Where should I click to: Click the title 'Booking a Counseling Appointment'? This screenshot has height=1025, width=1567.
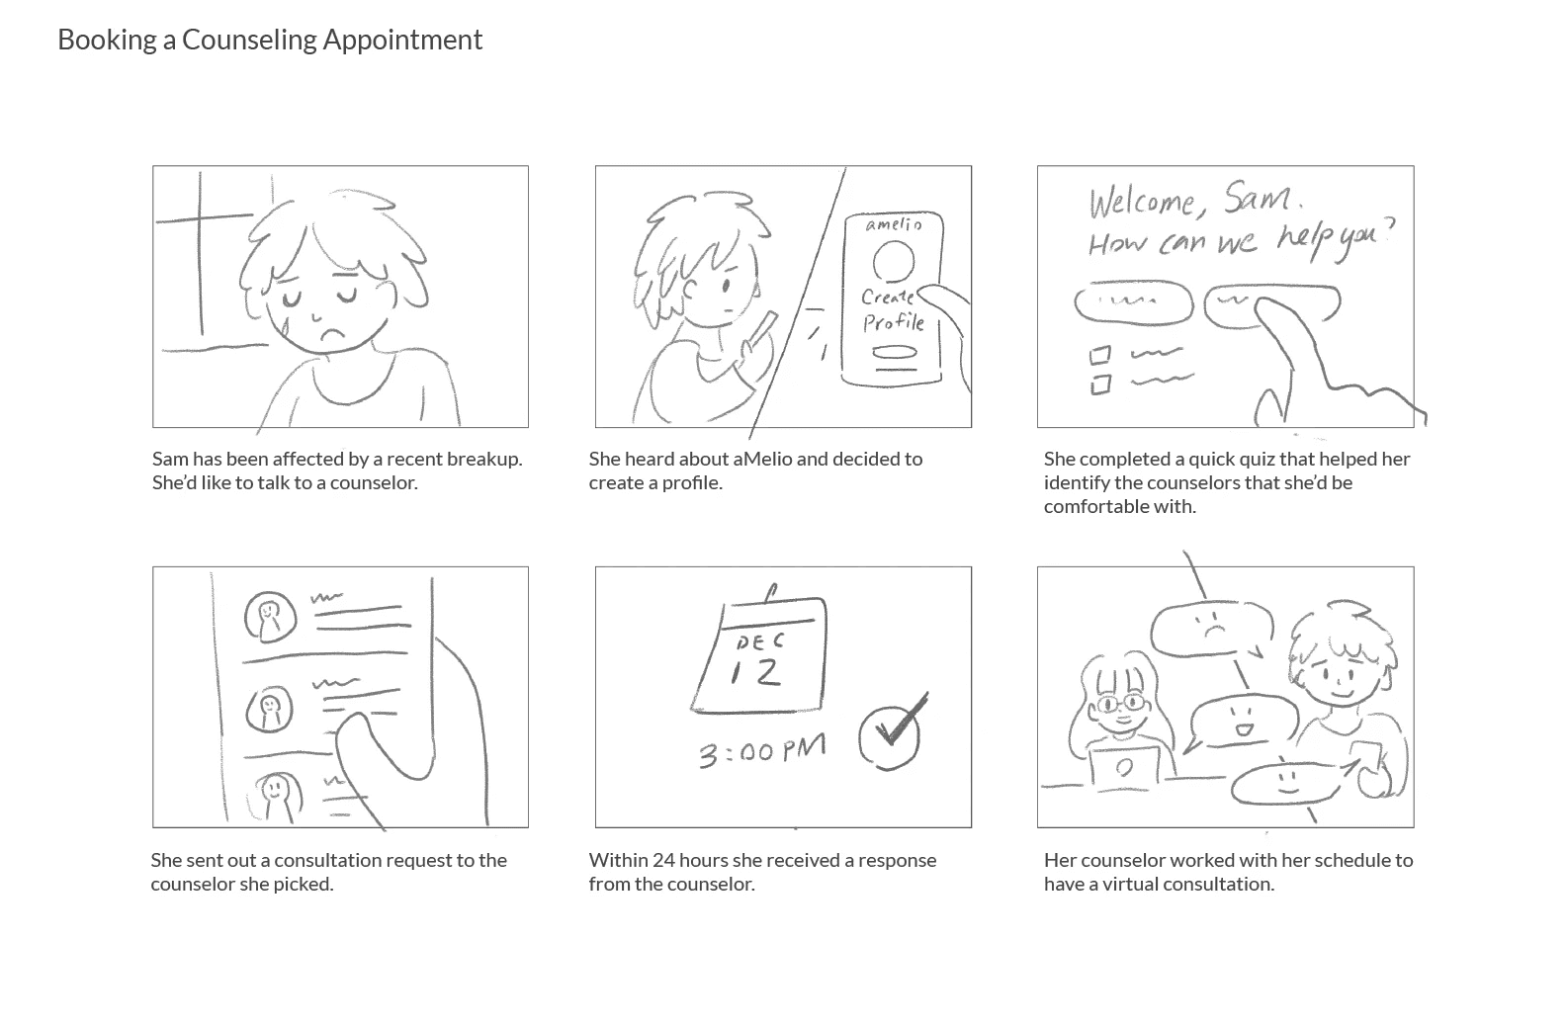270,40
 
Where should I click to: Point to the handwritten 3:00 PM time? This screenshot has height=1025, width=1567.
762,750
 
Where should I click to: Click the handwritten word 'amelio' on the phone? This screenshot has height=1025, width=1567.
894,224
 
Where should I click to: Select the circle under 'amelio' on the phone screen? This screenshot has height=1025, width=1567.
894,262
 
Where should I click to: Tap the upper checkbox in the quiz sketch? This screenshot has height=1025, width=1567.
1099,356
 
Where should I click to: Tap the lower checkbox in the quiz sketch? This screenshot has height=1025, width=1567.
1101,384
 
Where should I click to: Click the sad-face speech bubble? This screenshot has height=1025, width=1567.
1211,629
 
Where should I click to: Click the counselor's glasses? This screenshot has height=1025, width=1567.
1121,702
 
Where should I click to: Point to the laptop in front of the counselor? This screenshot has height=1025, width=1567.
1124,768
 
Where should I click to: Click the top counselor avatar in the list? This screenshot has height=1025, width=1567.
270,617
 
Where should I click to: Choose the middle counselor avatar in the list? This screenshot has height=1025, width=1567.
269,709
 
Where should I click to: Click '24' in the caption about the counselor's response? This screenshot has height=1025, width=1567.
663,860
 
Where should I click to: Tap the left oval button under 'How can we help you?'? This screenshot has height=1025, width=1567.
1133,302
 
